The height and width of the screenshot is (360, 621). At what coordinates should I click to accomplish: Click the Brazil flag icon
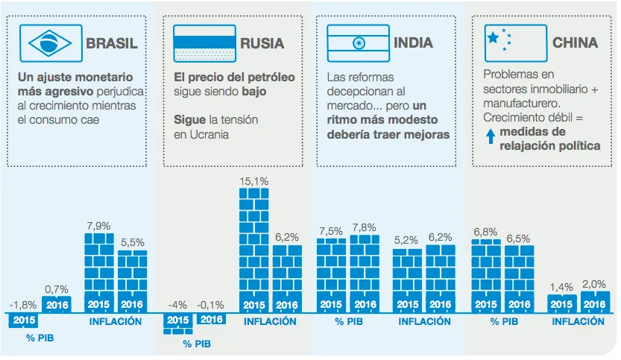click(50, 42)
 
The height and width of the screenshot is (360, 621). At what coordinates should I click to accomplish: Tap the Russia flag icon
click(204, 42)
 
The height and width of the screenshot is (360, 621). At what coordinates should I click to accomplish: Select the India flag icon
click(359, 42)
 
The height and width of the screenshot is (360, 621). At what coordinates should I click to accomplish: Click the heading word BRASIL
click(112, 43)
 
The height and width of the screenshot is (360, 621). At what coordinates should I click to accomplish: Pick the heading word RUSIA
click(262, 43)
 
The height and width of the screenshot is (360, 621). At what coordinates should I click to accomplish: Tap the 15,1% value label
click(253, 181)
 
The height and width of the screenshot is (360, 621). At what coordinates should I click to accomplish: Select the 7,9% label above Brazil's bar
click(98, 226)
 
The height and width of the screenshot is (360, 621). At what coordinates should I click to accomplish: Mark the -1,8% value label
click(24, 304)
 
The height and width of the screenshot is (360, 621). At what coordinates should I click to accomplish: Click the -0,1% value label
click(212, 304)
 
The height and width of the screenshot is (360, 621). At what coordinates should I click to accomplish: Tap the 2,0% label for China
click(594, 284)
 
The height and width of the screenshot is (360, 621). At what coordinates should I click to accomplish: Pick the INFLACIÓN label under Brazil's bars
click(116, 322)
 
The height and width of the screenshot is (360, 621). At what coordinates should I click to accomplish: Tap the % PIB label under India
click(347, 322)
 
